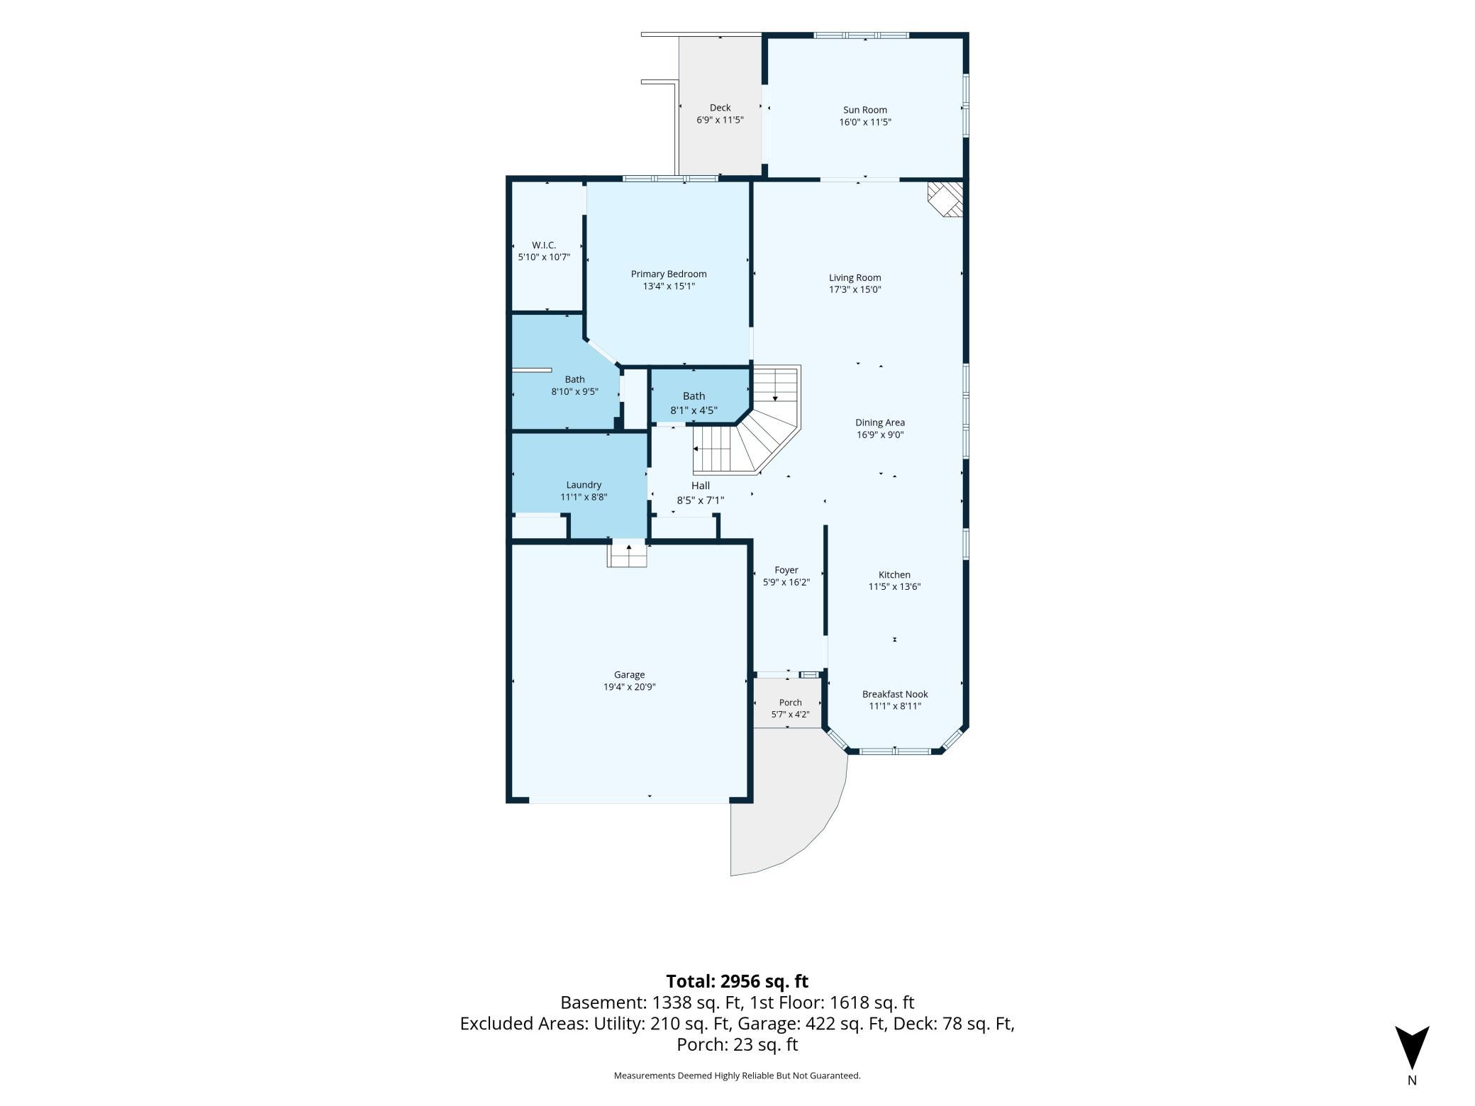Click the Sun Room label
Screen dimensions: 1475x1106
[864, 110]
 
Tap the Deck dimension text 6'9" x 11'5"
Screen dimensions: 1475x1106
[720, 120]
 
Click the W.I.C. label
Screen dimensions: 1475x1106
[544, 245]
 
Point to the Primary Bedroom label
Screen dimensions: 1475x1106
[669, 274]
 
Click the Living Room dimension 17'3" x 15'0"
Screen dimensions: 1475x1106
[855, 289]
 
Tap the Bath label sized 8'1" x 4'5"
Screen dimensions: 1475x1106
[694, 396]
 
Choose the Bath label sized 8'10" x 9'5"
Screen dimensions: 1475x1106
[574, 379]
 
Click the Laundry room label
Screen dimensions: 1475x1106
[584, 485]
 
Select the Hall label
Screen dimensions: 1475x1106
[701, 486]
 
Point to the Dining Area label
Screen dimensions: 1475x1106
[880, 423]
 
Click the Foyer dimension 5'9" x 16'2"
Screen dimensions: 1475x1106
[786, 582]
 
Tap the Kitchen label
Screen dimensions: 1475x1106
[894, 575]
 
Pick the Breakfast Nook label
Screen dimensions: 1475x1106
[895, 694]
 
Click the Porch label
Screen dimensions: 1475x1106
[790, 703]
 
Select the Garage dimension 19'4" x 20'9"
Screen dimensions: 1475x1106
[629, 686]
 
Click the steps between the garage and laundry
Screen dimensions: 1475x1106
[628, 554]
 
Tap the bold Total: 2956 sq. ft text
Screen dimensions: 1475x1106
[737, 981]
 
